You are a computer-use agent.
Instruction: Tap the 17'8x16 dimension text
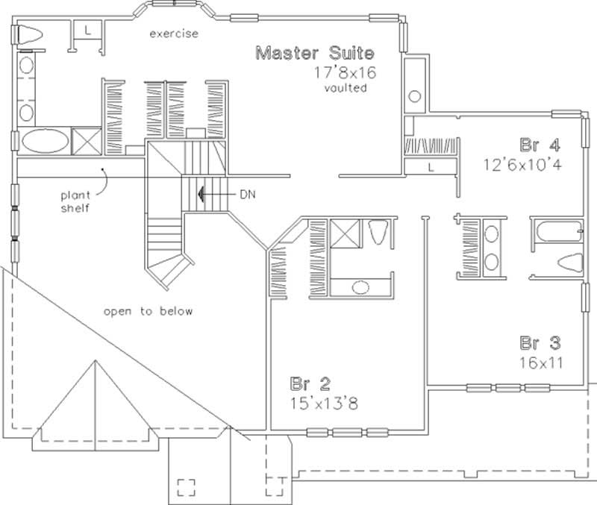pyautogui.click(x=345, y=73)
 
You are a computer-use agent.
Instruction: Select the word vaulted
pyautogui.click(x=344, y=88)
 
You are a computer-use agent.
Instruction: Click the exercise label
pyautogui.click(x=173, y=34)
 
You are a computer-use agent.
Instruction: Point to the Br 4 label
pyautogui.click(x=540, y=142)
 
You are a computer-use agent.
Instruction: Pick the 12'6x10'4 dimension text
pyautogui.click(x=521, y=163)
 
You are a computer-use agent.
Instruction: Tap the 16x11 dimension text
pyautogui.click(x=541, y=363)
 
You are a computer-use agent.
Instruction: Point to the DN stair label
pyautogui.click(x=248, y=193)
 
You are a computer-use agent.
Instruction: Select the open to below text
pyautogui.click(x=148, y=311)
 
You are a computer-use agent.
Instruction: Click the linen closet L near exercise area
pyautogui.click(x=87, y=30)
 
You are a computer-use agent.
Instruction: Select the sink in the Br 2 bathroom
pyautogui.click(x=360, y=286)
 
